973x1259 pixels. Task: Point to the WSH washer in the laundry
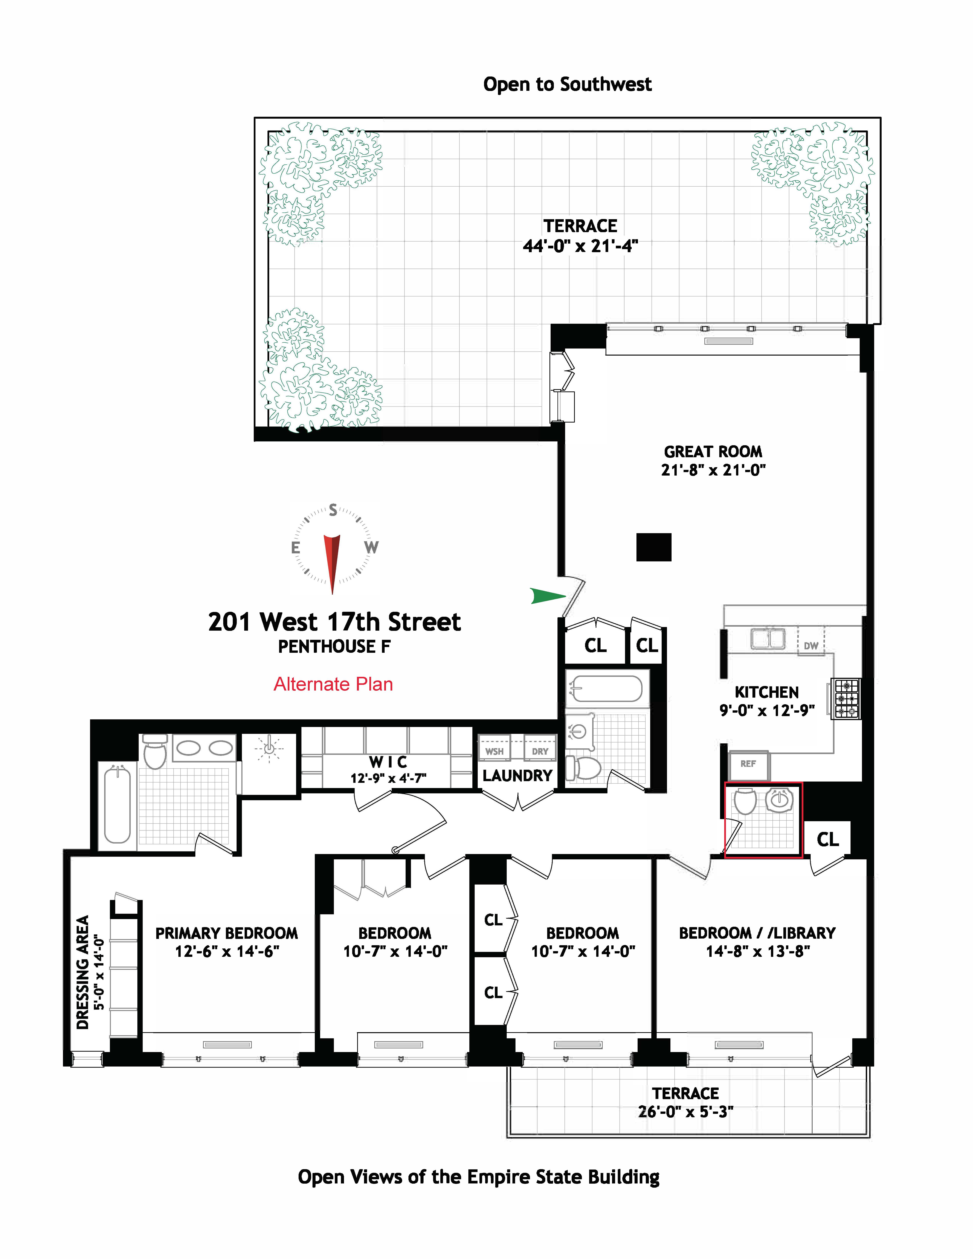(494, 751)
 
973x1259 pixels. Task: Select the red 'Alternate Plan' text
(333, 684)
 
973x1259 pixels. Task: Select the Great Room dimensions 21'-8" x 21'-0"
(713, 470)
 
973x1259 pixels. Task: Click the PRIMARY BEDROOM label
(226, 933)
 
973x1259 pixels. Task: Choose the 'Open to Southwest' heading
(567, 84)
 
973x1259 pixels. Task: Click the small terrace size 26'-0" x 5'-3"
(685, 1111)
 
